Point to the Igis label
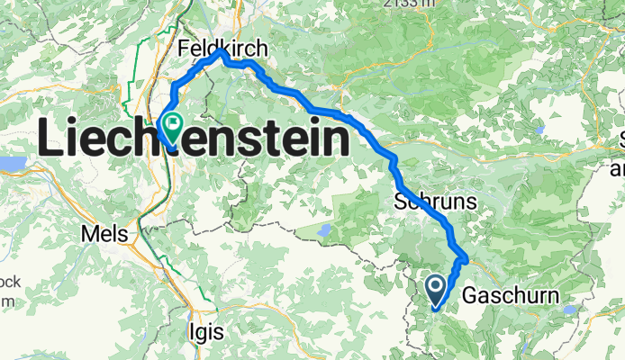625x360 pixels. [207, 332]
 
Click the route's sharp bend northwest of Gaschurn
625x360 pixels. [465, 260]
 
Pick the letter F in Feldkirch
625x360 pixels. [185, 47]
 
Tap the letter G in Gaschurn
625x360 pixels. [468, 295]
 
